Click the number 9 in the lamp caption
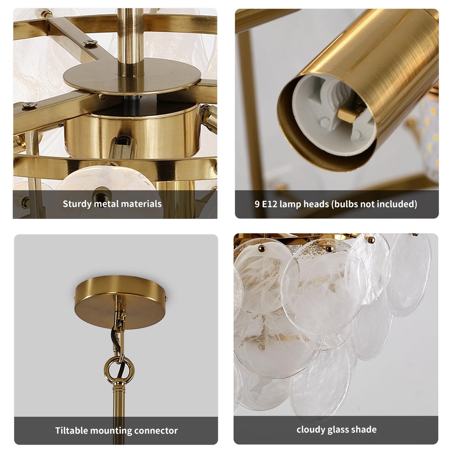pyautogui.click(x=257, y=204)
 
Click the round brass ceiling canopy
pyautogui.click(x=120, y=302)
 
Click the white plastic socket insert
pyautogui.click(x=334, y=115)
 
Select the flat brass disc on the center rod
pyautogui.click(x=133, y=76)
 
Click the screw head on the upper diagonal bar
pyautogui.click(x=91, y=43)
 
